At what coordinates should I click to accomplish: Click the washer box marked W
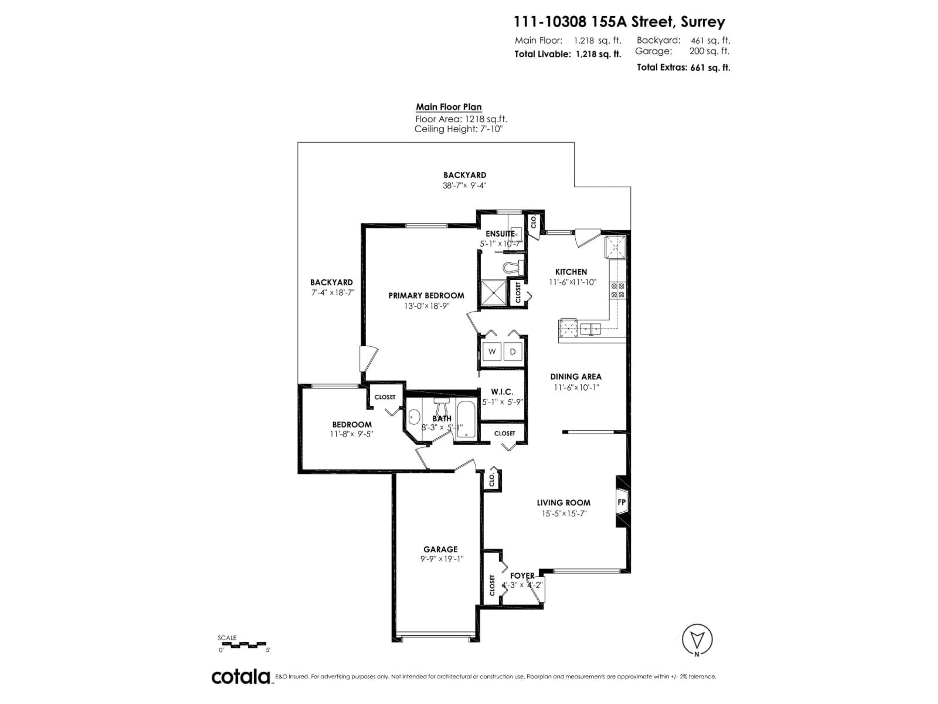click(492, 351)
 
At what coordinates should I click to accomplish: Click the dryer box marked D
click(513, 351)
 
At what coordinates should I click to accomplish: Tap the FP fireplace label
click(622, 502)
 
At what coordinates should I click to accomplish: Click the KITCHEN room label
click(571, 272)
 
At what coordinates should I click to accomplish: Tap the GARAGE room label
click(440, 549)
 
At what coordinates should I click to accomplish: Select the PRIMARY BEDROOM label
click(426, 295)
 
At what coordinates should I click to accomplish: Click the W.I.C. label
click(502, 392)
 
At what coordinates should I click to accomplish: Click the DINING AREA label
click(576, 376)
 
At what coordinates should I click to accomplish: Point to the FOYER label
click(522, 575)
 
